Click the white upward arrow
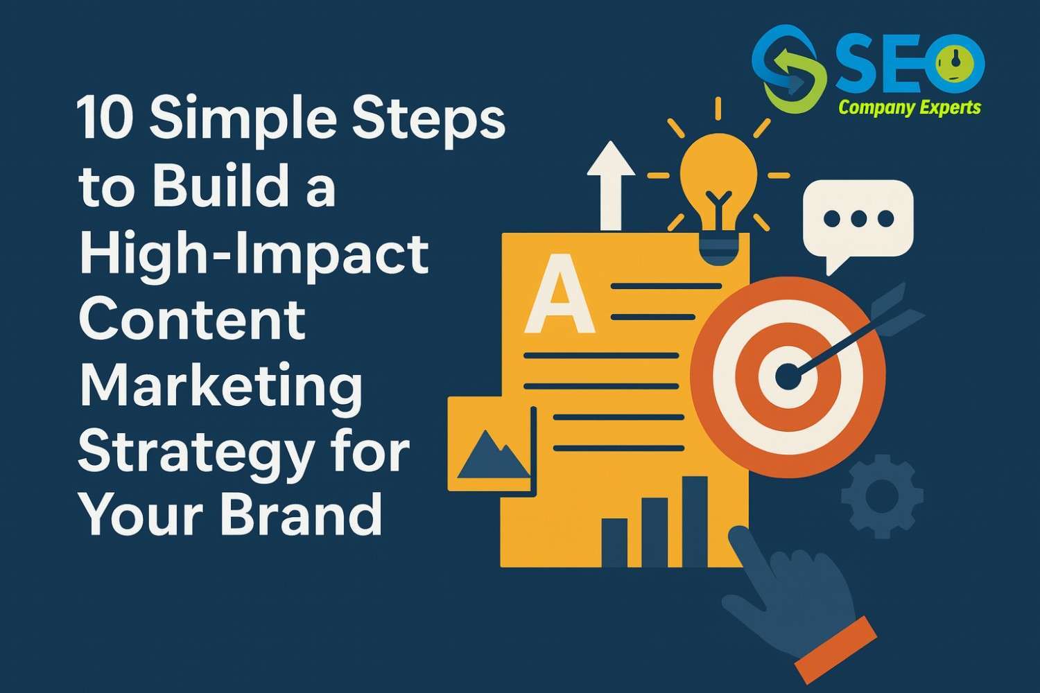[x=610, y=184]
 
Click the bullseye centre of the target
[x=787, y=378]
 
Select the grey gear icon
[x=882, y=496]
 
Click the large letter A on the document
[x=559, y=294]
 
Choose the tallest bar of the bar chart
[x=695, y=520]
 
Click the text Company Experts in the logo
[x=910, y=107]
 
